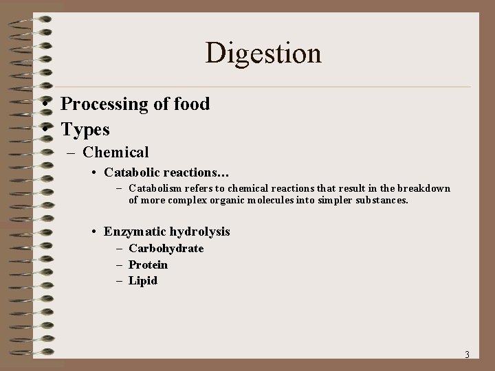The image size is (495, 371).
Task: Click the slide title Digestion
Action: click(263, 54)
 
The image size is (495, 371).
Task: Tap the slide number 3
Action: click(467, 355)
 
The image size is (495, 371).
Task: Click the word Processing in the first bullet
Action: click(104, 104)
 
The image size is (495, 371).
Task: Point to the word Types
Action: click(85, 128)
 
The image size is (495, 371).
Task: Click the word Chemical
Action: click(115, 152)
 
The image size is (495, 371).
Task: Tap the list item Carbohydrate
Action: click(166, 249)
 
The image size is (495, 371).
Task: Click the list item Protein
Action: click(148, 265)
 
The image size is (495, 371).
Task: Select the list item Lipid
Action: click(143, 280)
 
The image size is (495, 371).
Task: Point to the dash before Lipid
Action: click(120, 280)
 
